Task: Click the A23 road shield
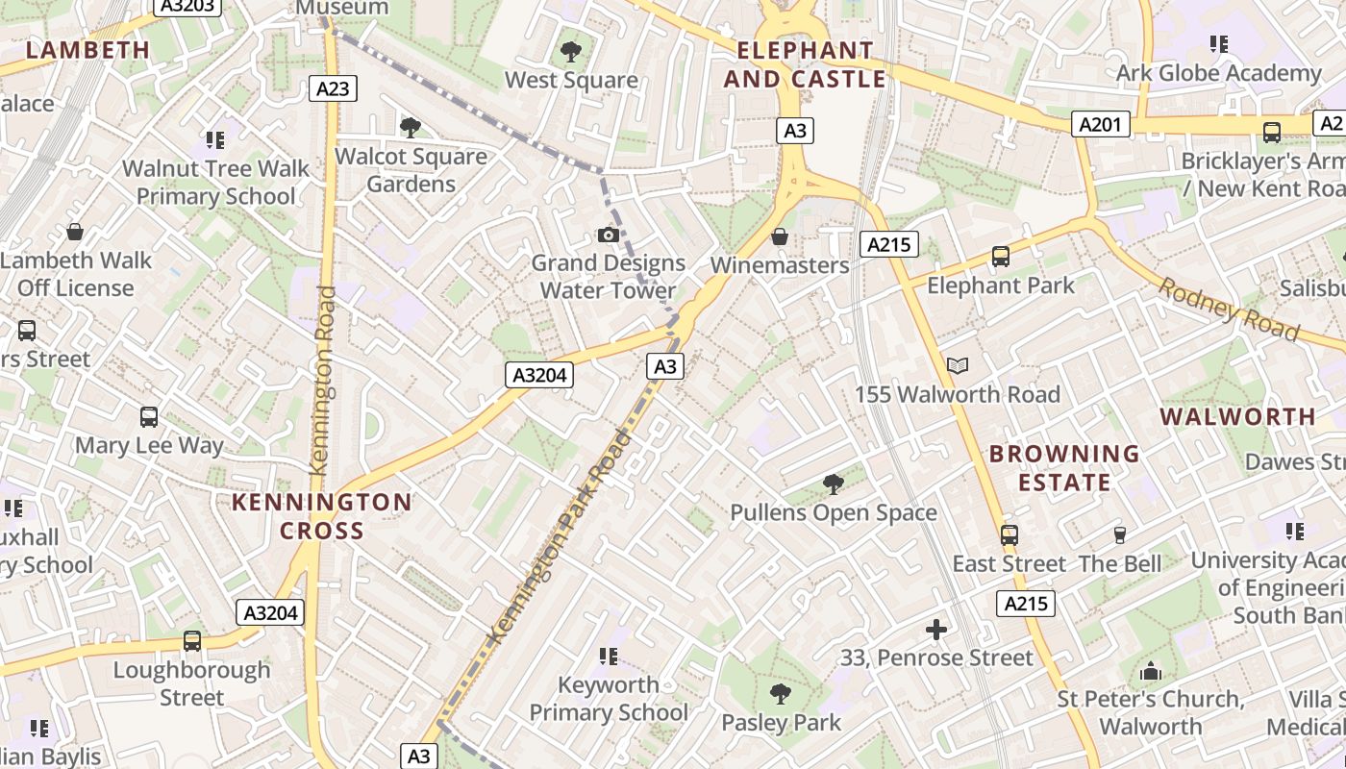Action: [333, 88]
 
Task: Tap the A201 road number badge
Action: [1101, 124]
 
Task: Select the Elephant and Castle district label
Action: [805, 64]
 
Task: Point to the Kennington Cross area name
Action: [322, 516]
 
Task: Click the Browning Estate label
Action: [1064, 467]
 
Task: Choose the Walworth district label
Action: [1237, 416]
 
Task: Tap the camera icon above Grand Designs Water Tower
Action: [608, 235]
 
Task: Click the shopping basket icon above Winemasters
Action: [780, 236]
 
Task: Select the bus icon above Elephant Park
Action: [1001, 257]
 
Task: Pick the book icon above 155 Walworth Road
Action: [957, 365]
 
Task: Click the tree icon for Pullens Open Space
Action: [834, 484]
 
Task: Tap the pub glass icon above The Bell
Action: [1119, 535]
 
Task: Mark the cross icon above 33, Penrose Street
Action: [935, 630]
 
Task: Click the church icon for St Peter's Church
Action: [1151, 671]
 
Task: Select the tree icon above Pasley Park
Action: [781, 693]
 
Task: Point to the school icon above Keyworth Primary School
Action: [608, 657]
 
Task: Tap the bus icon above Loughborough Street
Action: [192, 641]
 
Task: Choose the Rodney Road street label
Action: [1229, 309]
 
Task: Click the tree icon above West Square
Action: [571, 51]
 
